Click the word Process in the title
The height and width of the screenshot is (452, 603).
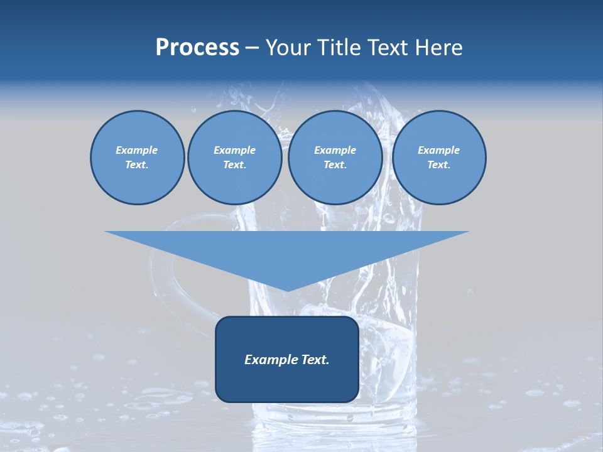pos(197,48)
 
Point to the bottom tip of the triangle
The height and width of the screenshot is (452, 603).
pos(286,290)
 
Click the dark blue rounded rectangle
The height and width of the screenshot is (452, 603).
pos(287,383)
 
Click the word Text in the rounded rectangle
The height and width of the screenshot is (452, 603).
pos(315,360)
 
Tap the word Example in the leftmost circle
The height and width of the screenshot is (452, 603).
pos(137,150)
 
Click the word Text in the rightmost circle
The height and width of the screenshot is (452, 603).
pos(438,164)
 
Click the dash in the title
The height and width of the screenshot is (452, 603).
pos(252,48)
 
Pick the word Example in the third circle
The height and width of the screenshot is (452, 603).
pos(335,150)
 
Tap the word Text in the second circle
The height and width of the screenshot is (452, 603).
pos(234,164)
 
